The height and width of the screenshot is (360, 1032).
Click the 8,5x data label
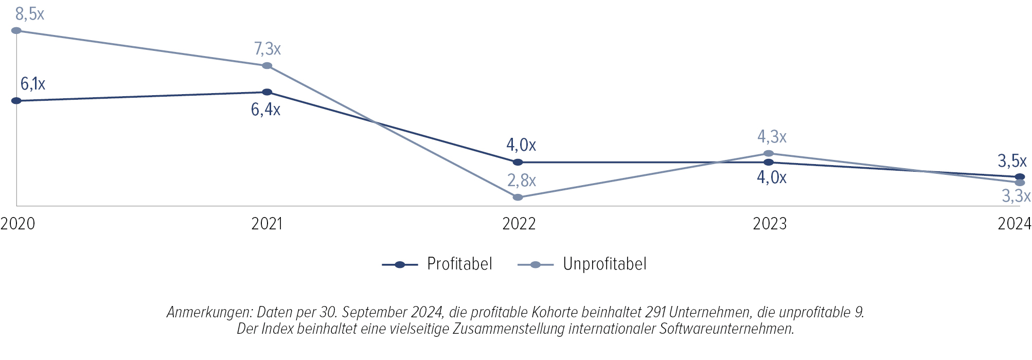coord(30,14)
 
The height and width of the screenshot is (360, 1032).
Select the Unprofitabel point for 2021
coord(267,66)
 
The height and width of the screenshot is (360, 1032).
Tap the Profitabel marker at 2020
coord(16,101)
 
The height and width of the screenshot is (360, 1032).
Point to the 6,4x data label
coord(265,110)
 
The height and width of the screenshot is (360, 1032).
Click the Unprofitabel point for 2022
coord(518,197)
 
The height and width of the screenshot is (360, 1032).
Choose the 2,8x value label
coord(522,181)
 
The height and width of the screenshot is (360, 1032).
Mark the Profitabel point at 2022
coord(518,162)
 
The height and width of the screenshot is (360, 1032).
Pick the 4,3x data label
coord(772,137)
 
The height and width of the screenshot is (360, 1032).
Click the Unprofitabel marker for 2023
coord(769,153)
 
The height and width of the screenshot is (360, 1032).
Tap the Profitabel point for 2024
coord(1020,177)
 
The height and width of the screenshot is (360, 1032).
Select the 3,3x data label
coord(1016,196)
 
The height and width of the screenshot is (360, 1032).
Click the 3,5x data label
coord(1012,161)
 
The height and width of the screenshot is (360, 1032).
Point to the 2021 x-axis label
coord(267,224)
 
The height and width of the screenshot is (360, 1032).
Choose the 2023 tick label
coord(770,224)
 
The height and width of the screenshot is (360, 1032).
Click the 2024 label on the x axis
coord(1015,224)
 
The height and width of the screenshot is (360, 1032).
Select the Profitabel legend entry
coord(459,264)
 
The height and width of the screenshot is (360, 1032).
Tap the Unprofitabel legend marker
coord(536,265)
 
